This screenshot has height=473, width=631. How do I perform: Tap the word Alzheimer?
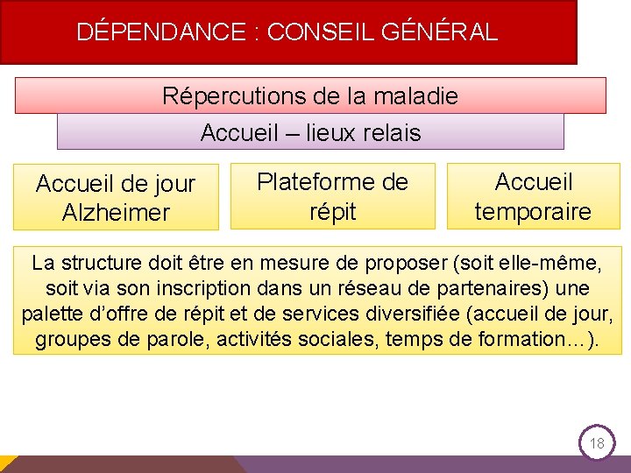coord(116,213)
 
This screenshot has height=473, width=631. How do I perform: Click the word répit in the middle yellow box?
coord(332,211)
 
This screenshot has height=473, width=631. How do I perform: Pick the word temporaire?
coord(533,211)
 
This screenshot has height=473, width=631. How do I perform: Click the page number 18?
coord(597,443)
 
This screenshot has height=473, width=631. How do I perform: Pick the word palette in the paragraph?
coord(50,314)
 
